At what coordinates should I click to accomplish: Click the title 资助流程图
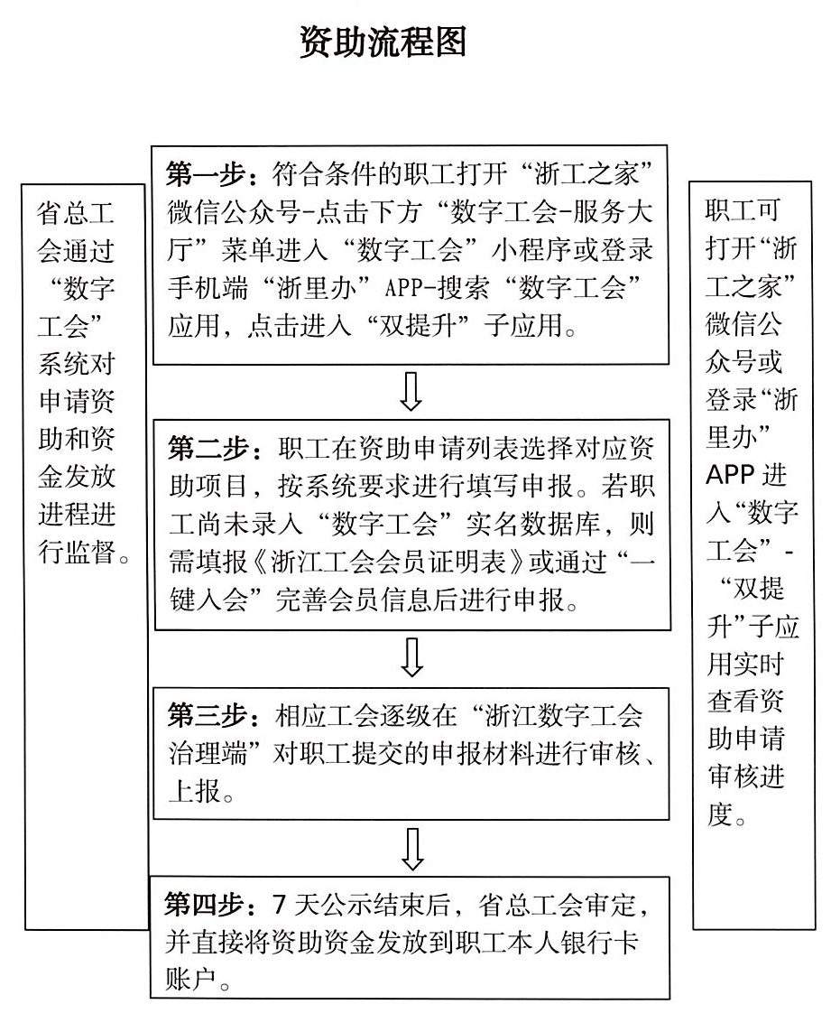[383, 42]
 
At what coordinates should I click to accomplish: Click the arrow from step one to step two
[411, 391]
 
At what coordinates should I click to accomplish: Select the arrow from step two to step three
[411, 658]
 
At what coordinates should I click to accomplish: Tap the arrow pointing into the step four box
[411, 847]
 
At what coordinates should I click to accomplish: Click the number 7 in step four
[278, 903]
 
